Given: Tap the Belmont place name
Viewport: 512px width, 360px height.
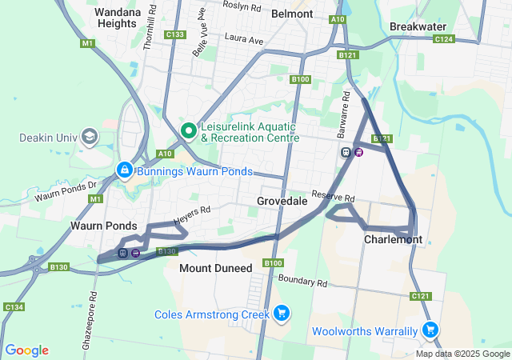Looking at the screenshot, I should [x=292, y=14].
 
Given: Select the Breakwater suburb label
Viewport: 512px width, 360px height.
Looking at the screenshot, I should [x=418, y=26].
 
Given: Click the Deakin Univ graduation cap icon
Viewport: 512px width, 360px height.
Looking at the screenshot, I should [x=89, y=137].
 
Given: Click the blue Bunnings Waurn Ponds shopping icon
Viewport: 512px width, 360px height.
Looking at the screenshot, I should [x=125, y=170].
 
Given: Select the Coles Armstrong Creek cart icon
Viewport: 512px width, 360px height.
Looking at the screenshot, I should [x=281, y=314].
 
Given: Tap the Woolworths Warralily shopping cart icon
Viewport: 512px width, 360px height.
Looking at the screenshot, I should [x=430, y=330].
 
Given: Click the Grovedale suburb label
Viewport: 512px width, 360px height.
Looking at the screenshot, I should [x=282, y=202].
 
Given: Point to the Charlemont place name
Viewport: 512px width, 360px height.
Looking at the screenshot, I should [x=393, y=239].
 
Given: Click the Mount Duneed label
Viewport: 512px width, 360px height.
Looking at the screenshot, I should [x=216, y=268].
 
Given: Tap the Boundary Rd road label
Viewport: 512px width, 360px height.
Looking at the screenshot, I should [x=303, y=282].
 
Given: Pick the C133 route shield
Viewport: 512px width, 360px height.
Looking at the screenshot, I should [x=174, y=34].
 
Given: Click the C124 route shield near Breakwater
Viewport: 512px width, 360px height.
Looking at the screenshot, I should [x=444, y=38].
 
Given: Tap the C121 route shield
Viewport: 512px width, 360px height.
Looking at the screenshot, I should [x=422, y=296].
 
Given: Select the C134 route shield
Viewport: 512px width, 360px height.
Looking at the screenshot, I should [x=13, y=306].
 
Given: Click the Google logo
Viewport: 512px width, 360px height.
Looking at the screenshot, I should [x=26, y=350].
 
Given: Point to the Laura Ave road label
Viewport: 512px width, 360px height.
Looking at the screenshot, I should [x=244, y=38].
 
